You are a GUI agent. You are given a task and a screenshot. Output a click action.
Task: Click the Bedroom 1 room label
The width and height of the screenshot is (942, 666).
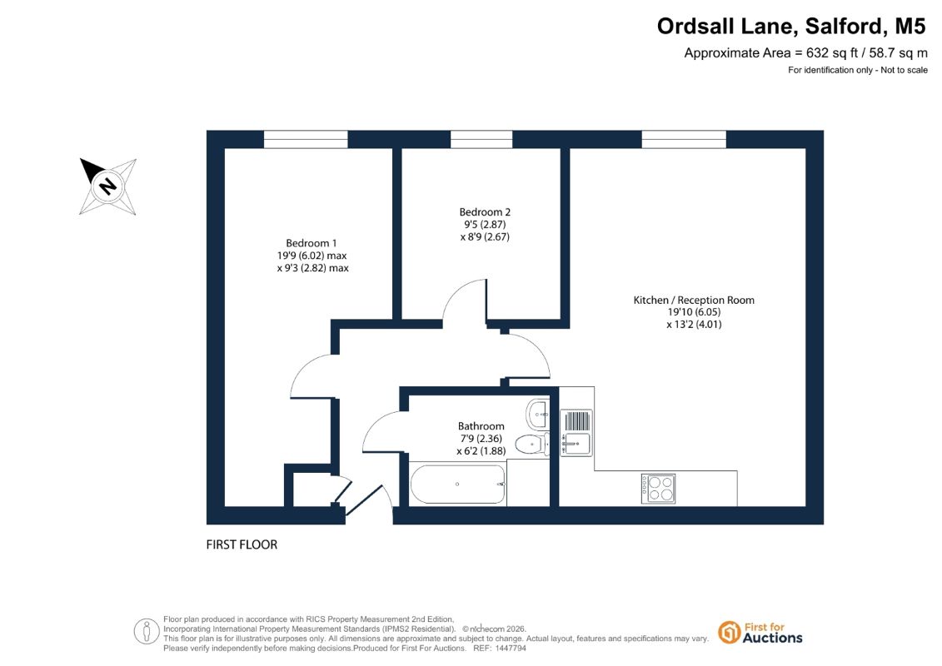(312, 243)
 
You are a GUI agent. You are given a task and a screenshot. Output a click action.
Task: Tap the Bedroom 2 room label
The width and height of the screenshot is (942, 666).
(485, 212)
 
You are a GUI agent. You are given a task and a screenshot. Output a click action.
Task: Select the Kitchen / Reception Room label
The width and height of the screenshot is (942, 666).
(694, 301)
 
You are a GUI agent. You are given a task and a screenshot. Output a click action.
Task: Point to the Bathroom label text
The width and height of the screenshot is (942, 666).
(481, 426)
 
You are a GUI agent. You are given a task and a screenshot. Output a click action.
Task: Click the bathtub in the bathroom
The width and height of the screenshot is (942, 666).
(458, 484)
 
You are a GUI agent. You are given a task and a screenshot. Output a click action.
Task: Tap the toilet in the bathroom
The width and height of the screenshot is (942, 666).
(531, 445)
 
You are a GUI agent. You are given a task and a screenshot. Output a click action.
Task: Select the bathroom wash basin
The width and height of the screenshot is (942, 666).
(538, 413)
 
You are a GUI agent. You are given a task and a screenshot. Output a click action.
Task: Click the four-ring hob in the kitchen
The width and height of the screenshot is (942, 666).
(659, 489)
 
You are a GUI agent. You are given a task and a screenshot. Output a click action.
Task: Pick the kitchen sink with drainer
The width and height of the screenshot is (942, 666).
(576, 432)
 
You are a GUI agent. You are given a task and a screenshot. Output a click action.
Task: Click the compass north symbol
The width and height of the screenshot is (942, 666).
(108, 186)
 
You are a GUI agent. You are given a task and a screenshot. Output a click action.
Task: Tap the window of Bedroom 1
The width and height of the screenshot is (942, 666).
(306, 139)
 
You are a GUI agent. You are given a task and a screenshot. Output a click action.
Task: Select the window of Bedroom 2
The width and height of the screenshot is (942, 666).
(481, 139)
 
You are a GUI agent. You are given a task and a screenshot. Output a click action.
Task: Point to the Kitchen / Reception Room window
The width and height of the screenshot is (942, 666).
(684, 139)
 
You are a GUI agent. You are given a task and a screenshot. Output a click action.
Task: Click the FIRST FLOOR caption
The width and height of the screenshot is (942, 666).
(242, 544)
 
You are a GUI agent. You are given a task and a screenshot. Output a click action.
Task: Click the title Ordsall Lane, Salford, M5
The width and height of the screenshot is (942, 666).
(791, 27)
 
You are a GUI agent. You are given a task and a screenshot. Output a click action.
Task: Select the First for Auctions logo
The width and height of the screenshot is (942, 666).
(760, 633)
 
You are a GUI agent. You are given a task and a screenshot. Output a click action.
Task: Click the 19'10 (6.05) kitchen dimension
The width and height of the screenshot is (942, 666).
(694, 312)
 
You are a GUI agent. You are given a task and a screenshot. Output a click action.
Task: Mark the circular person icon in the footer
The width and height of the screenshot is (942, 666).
(147, 632)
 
